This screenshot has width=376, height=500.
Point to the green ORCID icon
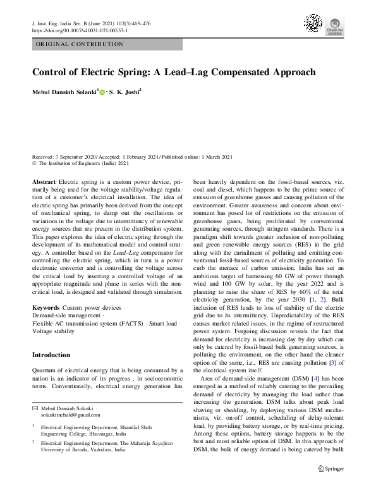(103, 92)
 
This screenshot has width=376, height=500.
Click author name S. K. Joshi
(124, 92)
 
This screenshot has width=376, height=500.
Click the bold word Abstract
(44, 181)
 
